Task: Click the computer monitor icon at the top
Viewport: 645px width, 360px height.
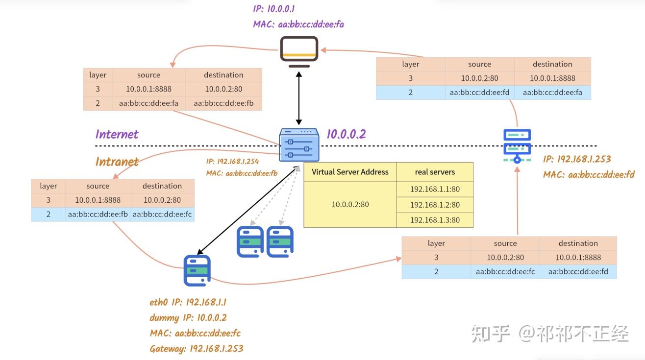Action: click(x=299, y=51)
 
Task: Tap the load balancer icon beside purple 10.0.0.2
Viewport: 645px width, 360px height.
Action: click(x=299, y=144)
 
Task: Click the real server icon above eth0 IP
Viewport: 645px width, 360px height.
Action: click(x=197, y=270)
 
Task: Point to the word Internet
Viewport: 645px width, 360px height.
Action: click(x=117, y=134)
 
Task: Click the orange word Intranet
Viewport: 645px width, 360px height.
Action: click(x=117, y=162)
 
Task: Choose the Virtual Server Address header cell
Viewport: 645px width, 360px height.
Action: click(x=350, y=172)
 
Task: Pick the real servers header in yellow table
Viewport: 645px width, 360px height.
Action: click(x=435, y=172)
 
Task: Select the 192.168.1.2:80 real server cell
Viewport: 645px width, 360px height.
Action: click(x=435, y=205)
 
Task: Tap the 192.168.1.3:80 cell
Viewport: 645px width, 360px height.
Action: click(x=435, y=220)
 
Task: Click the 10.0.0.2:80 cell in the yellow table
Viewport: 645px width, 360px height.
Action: click(x=350, y=204)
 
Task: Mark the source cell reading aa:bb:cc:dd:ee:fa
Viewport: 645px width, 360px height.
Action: click(x=149, y=103)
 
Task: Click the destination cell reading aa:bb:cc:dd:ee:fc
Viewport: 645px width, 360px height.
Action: click(x=162, y=214)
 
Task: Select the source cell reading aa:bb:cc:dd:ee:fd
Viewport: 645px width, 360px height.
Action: click(x=479, y=92)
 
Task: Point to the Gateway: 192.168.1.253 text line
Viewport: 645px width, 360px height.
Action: click(x=197, y=349)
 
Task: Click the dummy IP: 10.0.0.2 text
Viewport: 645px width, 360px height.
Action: click(x=188, y=317)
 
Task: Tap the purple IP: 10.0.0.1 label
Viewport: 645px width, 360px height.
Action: click(x=273, y=9)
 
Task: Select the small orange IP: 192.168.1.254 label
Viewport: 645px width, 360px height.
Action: click(x=232, y=161)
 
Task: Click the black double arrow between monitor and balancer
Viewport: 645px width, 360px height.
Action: click(x=299, y=97)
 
